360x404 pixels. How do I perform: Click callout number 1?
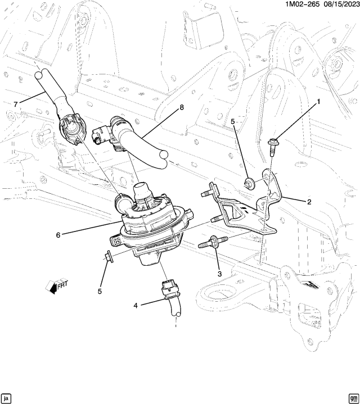pyautogui.click(x=318, y=102)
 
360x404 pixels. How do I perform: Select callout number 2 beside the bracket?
pyautogui.click(x=309, y=201)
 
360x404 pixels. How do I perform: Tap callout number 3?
pyautogui.click(x=220, y=274)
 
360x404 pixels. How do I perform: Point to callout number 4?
pyautogui.click(x=136, y=306)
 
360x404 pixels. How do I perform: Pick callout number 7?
pyautogui.click(x=16, y=103)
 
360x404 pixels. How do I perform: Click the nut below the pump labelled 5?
pyautogui.click(x=109, y=258)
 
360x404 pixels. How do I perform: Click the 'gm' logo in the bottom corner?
pyautogui.click(x=353, y=398)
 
